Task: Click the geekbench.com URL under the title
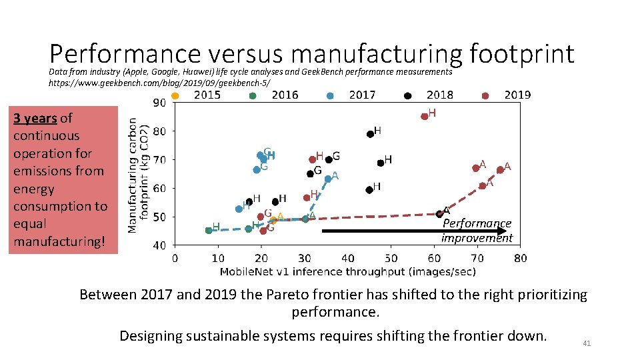click(159, 82)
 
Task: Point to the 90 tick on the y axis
click(160, 103)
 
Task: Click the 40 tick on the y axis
click(160, 245)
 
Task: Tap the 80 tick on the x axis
click(520, 258)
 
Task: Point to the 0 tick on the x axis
click(175, 258)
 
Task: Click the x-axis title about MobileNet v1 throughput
click(347, 271)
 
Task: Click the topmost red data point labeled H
click(425, 116)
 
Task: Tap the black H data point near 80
click(370, 134)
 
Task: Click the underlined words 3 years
click(35, 119)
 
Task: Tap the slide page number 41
click(587, 343)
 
